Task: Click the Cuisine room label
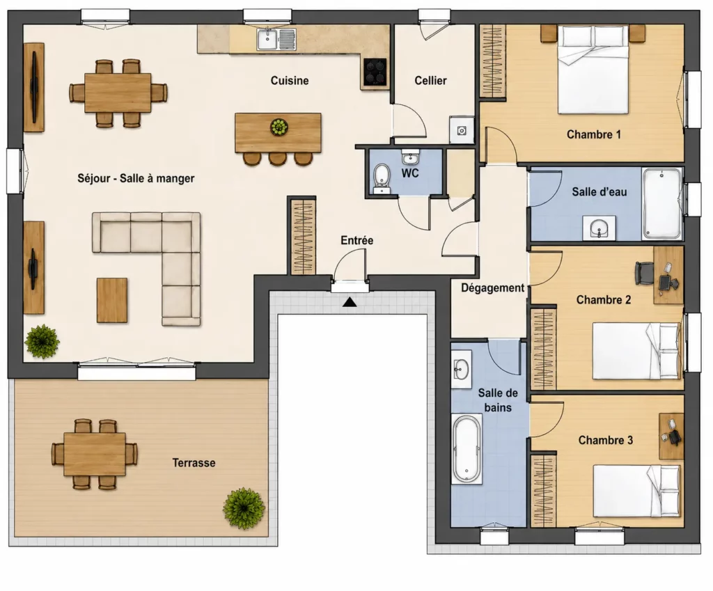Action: pyautogui.click(x=290, y=81)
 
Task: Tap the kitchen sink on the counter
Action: pyautogui.click(x=276, y=39)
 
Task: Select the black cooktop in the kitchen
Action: pyautogui.click(x=375, y=72)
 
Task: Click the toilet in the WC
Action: pyautogui.click(x=382, y=178)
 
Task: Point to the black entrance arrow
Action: pyautogui.click(x=350, y=301)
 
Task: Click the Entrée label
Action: pyautogui.click(x=357, y=240)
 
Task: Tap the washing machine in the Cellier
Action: pyautogui.click(x=462, y=130)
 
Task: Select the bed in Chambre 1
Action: pyautogui.click(x=593, y=70)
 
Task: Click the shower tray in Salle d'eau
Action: pyautogui.click(x=662, y=204)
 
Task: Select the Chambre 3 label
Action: pyautogui.click(x=605, y=440)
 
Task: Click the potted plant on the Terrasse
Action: pyautogui.click(x=244, y=508)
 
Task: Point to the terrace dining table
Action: pyautogui.click(x=95, y=454)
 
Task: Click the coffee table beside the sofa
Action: pyautogui.click(x=112, y=301)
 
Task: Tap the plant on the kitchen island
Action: pyautogui.click(x=279, y=127)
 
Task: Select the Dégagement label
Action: pyautogui.click(x=492, y=288)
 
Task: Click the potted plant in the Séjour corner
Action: pyautogui.click(x=42, y=341)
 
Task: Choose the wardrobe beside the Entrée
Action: pyautogui.click(x=303, y=236)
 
